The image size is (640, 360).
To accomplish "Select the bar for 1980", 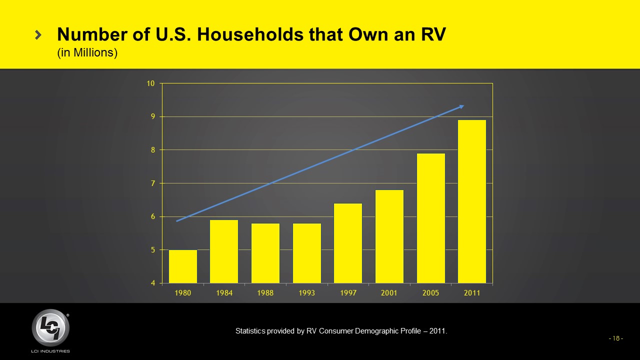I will (x=183, y=266).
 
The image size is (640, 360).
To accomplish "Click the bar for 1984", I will (x=224, y=251).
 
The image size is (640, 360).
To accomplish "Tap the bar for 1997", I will (x=348, y=243).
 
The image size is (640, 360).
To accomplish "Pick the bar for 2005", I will (x=431, y=218).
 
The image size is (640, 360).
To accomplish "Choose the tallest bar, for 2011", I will (x=472, y=201).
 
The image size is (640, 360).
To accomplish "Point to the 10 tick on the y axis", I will (x=150, y=83).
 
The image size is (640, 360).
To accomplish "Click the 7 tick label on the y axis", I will (x=152, y=183).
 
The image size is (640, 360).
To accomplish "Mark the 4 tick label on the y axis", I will (x=152, y=283).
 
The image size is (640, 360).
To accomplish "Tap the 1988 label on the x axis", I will (x=265, y=293).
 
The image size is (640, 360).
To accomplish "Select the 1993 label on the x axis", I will (x=306, y=293).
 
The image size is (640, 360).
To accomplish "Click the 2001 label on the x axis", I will (x=389, y=293).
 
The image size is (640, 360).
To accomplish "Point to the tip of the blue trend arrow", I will (x=463, y=105).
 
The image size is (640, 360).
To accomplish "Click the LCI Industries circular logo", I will (x=50, y=328).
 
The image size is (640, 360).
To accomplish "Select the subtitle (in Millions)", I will (x=87, y=52).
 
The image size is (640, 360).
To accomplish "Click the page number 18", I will (x=615, y=338).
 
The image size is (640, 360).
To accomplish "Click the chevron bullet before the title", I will (x=38, y=34).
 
